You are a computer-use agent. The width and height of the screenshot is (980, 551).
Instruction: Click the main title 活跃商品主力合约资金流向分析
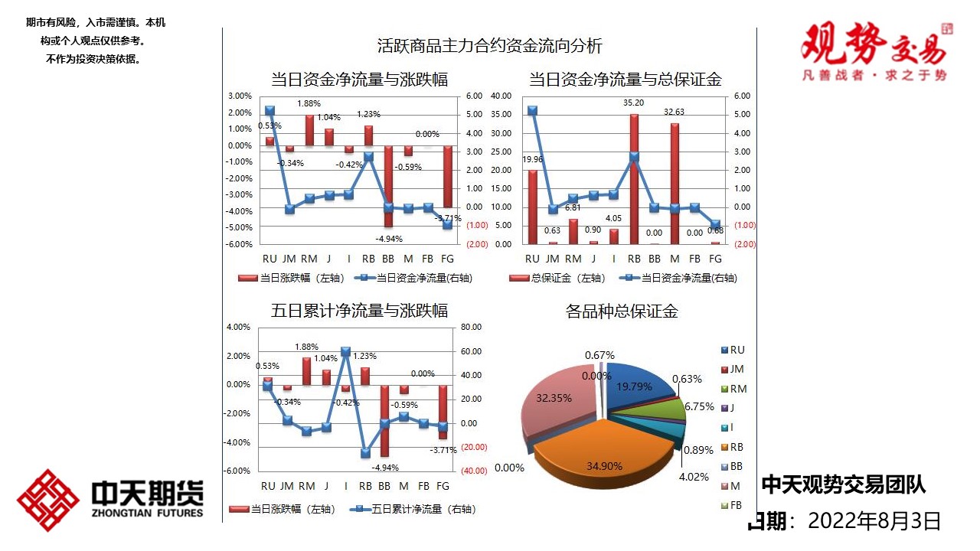(x=490, y=46)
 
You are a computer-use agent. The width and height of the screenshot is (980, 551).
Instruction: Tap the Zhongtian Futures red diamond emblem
(x=48, y=500)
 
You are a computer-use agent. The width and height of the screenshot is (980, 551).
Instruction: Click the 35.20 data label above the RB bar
(x=633, y=103)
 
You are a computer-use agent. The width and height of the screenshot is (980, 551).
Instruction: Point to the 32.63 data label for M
(x=675, y=112)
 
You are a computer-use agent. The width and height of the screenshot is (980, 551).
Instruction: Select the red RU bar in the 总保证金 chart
(x=533, y=207)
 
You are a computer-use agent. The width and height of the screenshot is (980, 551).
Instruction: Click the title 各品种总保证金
(x=622, y=311)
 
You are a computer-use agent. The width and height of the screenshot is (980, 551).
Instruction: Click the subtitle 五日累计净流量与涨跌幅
(x=360, y=311)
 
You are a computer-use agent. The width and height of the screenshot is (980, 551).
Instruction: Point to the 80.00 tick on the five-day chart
(x=472, y=328)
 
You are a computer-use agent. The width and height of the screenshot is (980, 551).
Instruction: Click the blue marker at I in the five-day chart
(x=345, y=352)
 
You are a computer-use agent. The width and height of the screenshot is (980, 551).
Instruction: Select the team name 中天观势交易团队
(x=843, y=484)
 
